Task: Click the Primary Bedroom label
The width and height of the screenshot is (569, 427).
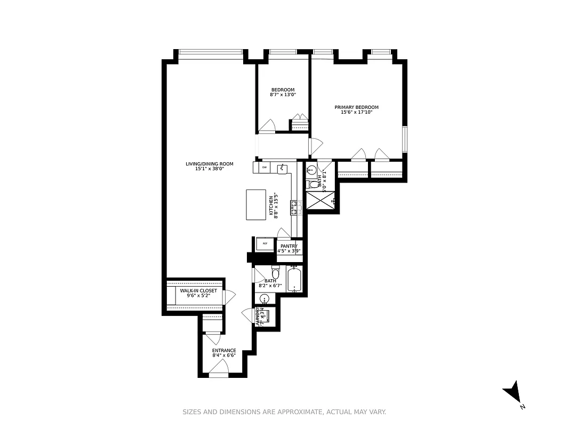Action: pyautogui.click(x=356, y=107)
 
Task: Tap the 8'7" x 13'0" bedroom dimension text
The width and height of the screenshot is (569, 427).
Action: pyautogui.click(x=283, y=94)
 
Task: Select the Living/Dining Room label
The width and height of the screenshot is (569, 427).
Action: pyautogui.click(x=209, y=164)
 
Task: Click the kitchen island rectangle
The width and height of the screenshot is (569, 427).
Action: pyautogui.click(x=255, y=204)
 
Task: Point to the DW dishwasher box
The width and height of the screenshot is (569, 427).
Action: pyautogui.click(x=264, y=168)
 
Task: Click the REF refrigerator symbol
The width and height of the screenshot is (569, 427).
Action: pyautogui.click(x=265, y=244)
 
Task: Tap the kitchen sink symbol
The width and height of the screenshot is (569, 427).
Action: pyautogui.click(x=283, y=169)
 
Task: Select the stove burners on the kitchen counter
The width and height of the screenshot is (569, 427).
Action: pyautogui.click(x=293, y=208)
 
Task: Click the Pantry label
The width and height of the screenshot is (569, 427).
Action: pyautogui.click(x=288, y=246)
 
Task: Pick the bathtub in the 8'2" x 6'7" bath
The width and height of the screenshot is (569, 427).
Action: pyautogui.click(x=294, y=279)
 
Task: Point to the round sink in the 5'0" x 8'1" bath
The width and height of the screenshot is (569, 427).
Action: pyautogui.click(x=312, y=171)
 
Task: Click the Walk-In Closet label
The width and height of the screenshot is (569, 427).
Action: pyautogui.click(x=198, y=291)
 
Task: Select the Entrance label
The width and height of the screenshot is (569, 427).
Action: pyautogui.click(x=224, y=351)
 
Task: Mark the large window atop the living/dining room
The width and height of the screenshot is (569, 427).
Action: pyautogui.click(x=211, y=52)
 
